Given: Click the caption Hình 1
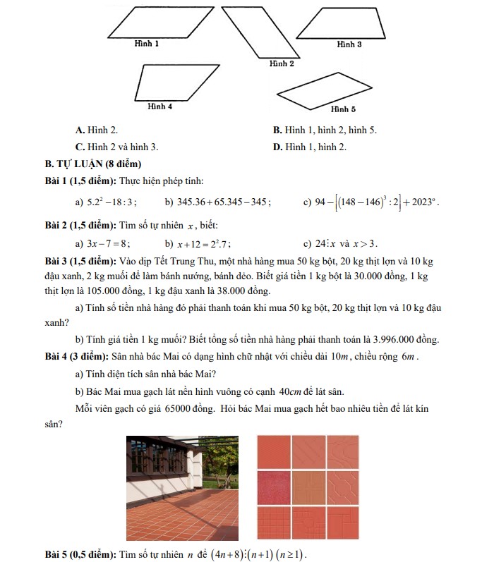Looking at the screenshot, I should (147, 44).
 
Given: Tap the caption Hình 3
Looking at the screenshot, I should (349, 44).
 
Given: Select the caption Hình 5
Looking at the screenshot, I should (343, 109).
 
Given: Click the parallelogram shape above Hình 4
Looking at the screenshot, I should (179, 83).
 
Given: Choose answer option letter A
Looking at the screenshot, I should (80, 130).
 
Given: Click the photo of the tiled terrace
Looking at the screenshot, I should (182, 488).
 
